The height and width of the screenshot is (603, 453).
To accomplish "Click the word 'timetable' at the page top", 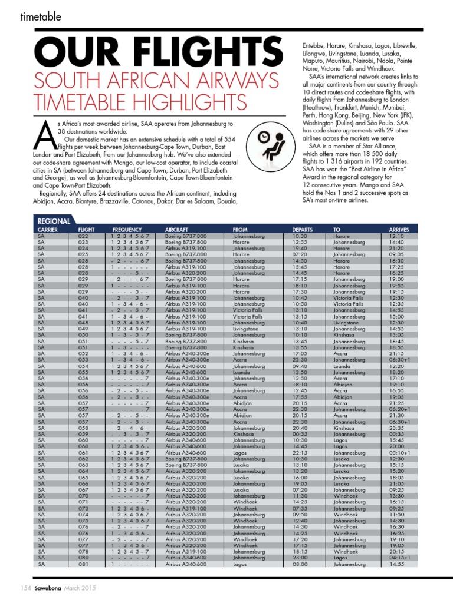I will coord(41,17).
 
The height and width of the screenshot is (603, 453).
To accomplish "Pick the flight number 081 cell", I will coord(83,564).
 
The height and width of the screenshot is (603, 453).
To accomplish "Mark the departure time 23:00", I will coord(300,558).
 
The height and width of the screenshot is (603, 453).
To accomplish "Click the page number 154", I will coord(26,588).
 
